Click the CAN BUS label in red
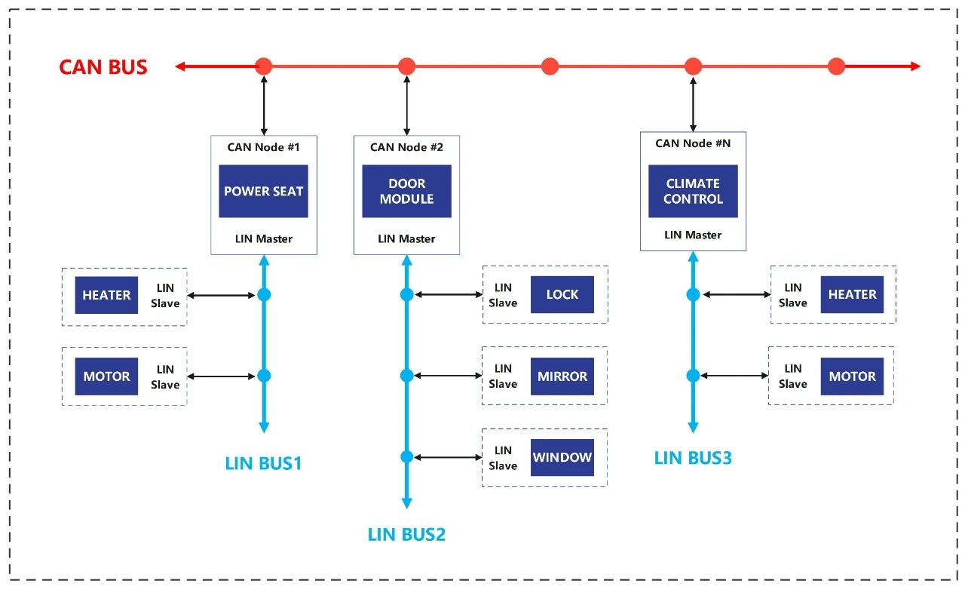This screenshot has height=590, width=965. coord(103,67)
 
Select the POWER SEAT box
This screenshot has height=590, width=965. coord(263,191)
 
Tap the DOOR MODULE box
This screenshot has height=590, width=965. coord(406,191)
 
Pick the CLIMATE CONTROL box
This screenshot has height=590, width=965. coord(693,191)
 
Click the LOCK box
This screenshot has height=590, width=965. coord(562,294)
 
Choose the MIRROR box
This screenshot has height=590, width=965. coord(562,376)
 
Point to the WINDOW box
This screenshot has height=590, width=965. coord(562,458)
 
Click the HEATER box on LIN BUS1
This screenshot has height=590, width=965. coord(106,295)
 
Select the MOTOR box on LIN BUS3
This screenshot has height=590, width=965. coord(852,376)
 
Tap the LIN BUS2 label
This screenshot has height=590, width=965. coord(406,535)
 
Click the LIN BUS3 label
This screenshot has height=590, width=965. coord(693,458)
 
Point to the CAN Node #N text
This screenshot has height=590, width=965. coord(693,143)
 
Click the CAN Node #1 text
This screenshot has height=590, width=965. coord(263,147)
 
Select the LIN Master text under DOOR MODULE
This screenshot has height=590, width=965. coord(406,238)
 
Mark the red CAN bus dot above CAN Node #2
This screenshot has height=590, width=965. coord(406,66)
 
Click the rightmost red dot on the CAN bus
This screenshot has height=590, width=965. coord(836,66)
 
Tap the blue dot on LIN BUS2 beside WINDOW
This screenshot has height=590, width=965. coord(406,456)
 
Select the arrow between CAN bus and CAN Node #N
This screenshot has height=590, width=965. coord(693,104)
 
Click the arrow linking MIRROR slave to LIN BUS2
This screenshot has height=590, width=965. coord(448,376)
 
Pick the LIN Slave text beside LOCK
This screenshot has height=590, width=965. coord(503,295)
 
